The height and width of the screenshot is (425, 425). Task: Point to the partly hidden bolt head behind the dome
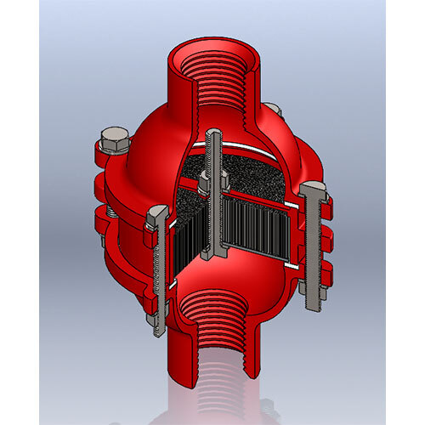point(272,109)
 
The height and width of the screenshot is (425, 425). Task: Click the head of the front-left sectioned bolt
point(156,218)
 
